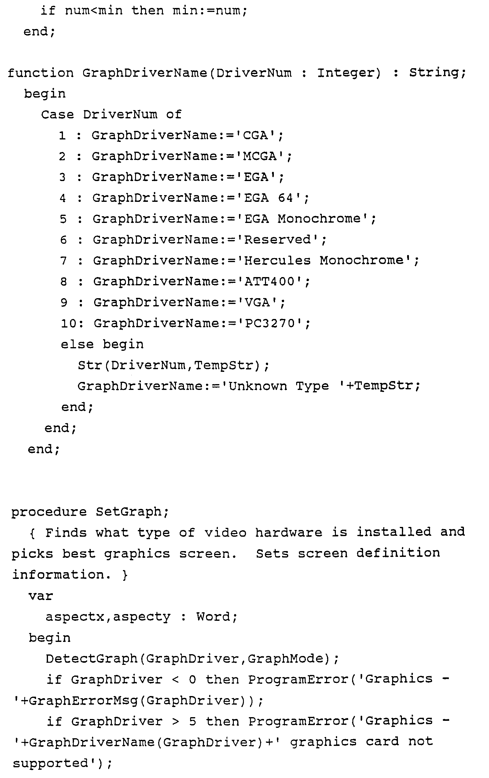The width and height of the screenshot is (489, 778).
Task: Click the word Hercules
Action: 277,261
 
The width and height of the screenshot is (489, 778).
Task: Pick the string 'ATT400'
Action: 270,281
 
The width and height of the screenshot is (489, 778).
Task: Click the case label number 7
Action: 63,261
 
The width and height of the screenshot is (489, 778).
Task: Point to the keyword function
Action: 41,73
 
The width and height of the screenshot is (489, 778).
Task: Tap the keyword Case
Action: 57,115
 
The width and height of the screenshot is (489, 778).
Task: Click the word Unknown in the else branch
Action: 258,386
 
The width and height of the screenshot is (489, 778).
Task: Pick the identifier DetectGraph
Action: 92,659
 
